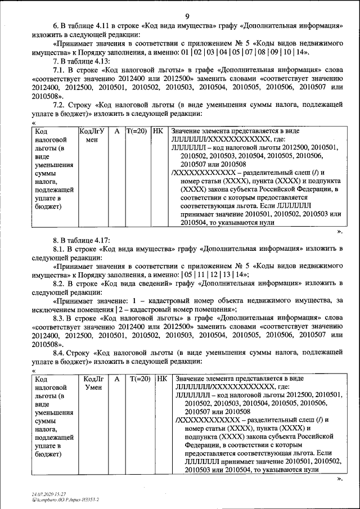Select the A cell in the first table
pos(116,130)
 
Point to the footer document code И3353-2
pos(88,499)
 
